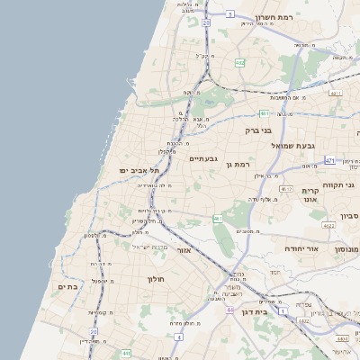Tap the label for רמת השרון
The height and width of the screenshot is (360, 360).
274,17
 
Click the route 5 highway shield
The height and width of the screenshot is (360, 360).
230,14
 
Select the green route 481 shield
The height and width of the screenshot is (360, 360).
264,113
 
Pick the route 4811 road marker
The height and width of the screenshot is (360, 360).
336,93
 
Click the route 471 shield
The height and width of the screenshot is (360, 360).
329,159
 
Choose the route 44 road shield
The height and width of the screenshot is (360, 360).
230,310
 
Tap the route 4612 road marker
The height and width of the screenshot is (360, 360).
286,189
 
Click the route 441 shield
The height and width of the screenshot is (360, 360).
219,219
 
